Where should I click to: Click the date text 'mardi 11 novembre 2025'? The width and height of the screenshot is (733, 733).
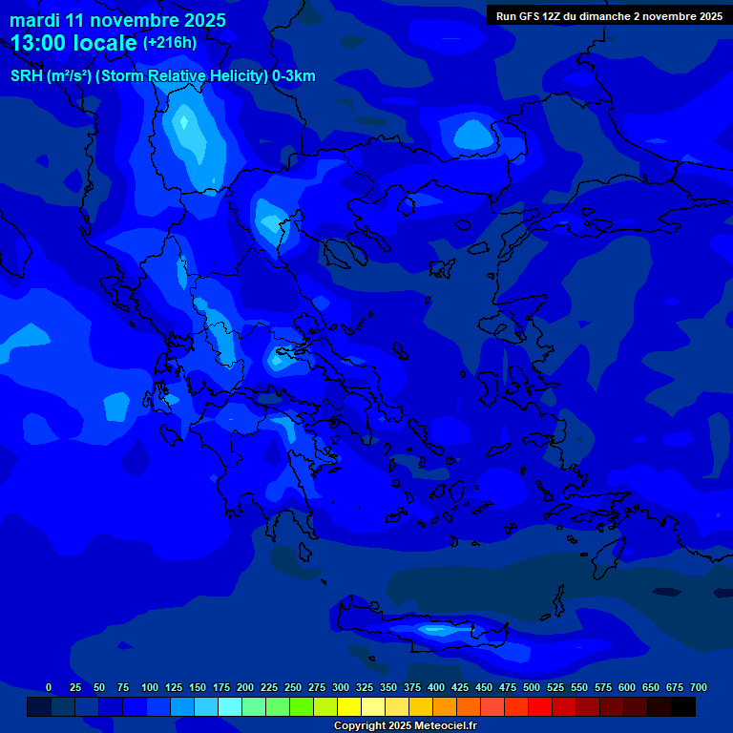pos(118,20)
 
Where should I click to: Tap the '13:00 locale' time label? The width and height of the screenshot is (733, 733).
pos(74,42)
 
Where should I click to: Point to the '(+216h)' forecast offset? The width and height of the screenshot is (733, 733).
pos(170,42)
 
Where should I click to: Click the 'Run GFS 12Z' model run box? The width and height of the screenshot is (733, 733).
pos(609,15)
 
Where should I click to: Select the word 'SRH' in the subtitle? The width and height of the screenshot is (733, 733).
pos(28,76)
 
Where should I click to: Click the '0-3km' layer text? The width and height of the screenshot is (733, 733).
pos(294,76)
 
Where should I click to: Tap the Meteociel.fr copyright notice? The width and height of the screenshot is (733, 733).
pos(405,725)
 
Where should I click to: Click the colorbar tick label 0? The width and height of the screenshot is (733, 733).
pos(49,687)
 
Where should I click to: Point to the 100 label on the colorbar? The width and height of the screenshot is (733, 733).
pos(150,687)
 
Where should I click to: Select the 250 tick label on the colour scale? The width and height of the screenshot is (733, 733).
pos(293,687)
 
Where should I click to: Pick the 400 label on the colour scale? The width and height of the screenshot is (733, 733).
pos(436,687)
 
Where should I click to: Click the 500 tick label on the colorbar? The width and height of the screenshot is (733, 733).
pos(532,687)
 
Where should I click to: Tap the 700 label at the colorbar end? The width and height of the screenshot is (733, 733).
pos(699,687)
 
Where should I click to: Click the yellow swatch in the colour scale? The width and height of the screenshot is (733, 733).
pos(349,706)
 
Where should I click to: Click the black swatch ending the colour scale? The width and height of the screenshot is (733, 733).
pos(683,706)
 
